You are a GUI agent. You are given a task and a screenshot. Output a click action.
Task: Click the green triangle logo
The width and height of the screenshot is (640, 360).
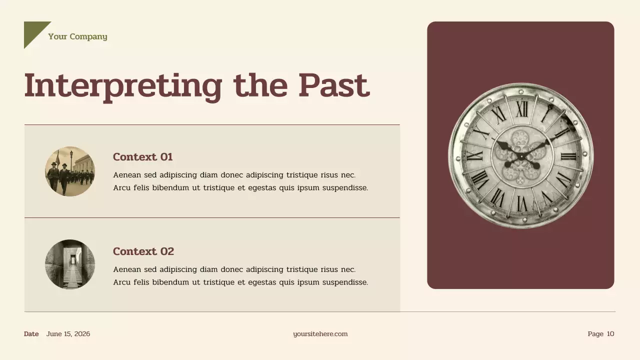(x=33, y=31)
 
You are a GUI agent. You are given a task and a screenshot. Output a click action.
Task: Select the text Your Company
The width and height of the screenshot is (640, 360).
(x=77, y=36)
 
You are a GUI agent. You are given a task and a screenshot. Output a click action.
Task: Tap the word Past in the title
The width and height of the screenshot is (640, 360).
(x=333, y=86)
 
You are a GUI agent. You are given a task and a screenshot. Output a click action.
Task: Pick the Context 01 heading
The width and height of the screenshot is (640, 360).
(x=142, y=157)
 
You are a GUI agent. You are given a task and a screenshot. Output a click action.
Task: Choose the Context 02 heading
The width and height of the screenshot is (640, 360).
(x=143, y=251)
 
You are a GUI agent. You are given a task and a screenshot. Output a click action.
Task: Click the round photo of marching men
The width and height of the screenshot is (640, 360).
(x=69, y=171)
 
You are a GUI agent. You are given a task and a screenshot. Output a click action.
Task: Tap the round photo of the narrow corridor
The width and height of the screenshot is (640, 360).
(x=69, y=264)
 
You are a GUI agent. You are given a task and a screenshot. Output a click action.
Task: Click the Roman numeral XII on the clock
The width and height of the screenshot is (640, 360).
(x=522, y=108)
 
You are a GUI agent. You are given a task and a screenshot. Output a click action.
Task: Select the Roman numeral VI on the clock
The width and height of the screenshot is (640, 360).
(x=521, y=203)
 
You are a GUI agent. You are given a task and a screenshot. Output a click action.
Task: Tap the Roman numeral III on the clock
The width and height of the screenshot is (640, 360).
(x=568, y=156)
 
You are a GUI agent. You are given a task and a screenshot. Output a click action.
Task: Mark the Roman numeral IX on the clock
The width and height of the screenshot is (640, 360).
(x=474, y=155)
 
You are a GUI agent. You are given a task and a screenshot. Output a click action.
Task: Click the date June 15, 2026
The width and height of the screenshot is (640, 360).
(x=68, y=334)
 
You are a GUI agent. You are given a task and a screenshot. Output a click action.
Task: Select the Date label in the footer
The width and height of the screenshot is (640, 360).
(x=31, y=334)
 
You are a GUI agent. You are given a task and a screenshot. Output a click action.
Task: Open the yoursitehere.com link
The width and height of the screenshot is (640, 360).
(x=320, y=334)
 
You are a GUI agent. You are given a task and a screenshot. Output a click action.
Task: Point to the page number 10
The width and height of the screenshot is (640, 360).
(x=610, y=334)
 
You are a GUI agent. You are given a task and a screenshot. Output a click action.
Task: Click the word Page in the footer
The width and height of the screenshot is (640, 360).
(x=595, y=334)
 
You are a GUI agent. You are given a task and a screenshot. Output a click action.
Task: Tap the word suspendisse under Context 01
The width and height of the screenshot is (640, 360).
(x=344, y=188)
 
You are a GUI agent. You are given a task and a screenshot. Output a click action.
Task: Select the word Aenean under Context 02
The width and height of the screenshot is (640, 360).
(x=127, y=269)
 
